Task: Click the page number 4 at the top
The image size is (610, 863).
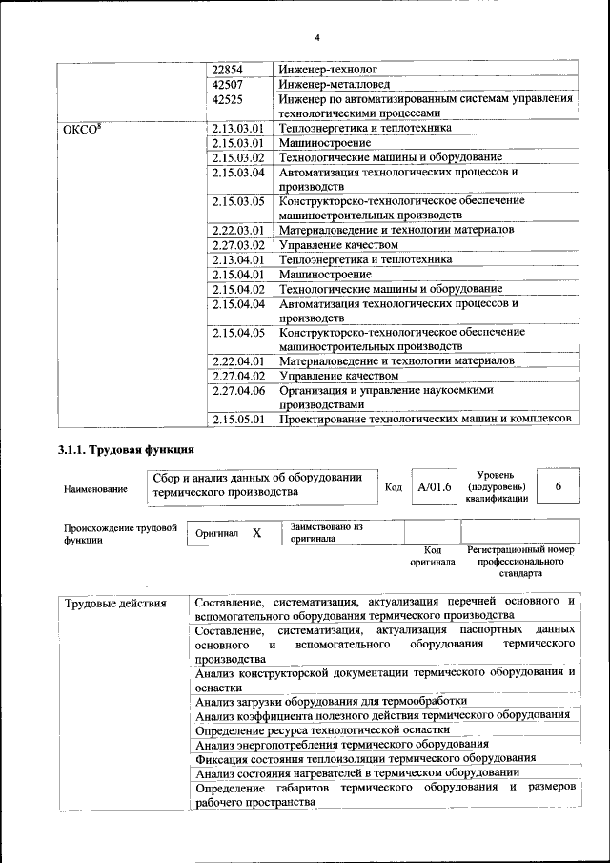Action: coord(317,37)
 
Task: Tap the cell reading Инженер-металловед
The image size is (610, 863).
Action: coord(328,84)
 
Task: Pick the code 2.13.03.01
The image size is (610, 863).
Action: coord(237,127)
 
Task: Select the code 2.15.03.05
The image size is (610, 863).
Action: coord(237,201)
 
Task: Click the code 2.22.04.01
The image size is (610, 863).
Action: coord(237,361)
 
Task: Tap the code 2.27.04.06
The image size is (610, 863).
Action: coord(237,390)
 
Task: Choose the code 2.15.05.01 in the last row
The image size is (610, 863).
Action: coord(237,419)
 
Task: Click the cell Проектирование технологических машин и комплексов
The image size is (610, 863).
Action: coord(424,419)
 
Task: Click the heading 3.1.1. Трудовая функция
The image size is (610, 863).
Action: coord(127,449)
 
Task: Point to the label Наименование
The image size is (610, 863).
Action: coord(95,489)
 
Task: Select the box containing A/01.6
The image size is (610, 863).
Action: coord(434,487)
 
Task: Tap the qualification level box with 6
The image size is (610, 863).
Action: coord(558,487)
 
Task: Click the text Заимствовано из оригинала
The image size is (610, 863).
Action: coord(327,532)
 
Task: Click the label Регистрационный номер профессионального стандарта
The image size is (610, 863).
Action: coord(520,563)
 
